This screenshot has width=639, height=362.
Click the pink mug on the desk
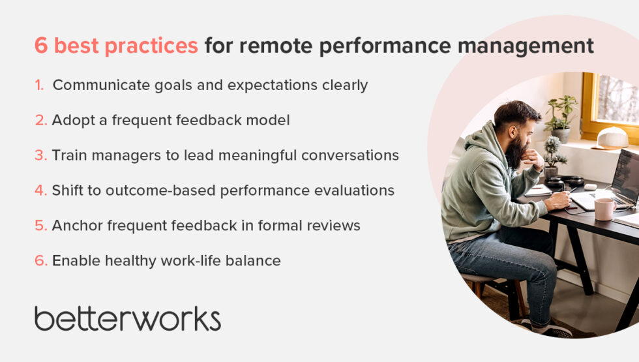604,209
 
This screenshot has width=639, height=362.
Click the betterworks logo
127,319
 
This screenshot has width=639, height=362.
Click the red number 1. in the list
40,85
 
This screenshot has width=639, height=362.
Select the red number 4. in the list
40,190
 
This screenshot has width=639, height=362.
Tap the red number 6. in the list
40,261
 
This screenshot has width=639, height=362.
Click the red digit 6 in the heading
41,46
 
